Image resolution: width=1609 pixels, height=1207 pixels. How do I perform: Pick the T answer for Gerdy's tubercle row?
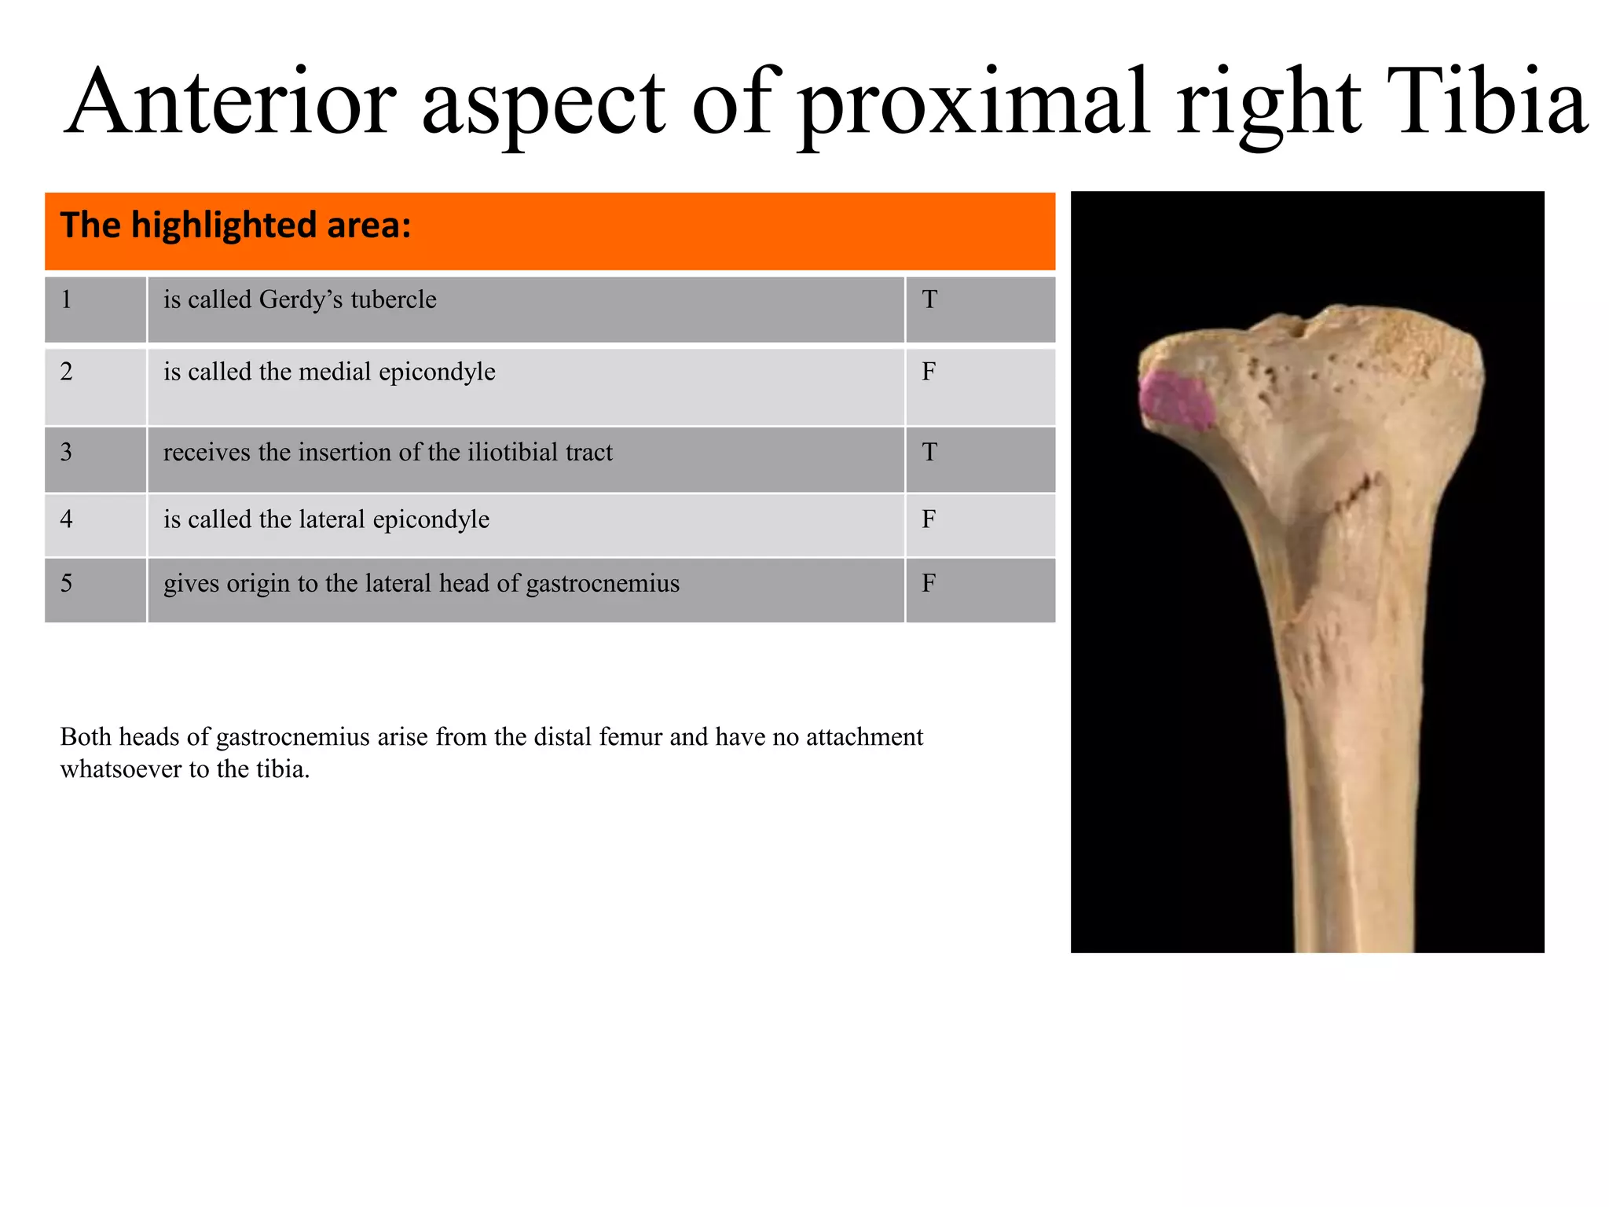tap(929, 299)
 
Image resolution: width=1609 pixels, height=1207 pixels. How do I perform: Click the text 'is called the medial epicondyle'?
tap(329, 372)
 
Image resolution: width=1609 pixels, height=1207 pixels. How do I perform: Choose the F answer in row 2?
tap(929, 372)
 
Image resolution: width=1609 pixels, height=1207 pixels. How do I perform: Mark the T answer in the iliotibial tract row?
tap(929, 453)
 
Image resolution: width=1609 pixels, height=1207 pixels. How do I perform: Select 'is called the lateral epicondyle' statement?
tap(326, 519)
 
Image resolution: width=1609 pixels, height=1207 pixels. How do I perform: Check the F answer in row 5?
tap(929, 584)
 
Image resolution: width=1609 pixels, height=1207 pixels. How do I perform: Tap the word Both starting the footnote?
tap(86, 737)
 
